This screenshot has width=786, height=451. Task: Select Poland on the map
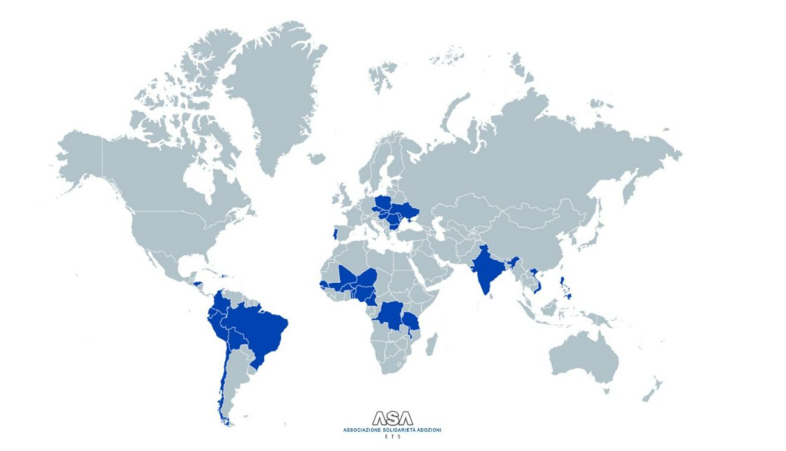(384, 202)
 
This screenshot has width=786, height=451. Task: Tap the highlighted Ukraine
(406, 211)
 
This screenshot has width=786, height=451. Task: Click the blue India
(486, 270)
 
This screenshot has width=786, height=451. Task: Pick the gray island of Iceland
(316, 158)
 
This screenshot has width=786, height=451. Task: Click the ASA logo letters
(392, 419)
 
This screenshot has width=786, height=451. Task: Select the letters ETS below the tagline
(392, 437)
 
